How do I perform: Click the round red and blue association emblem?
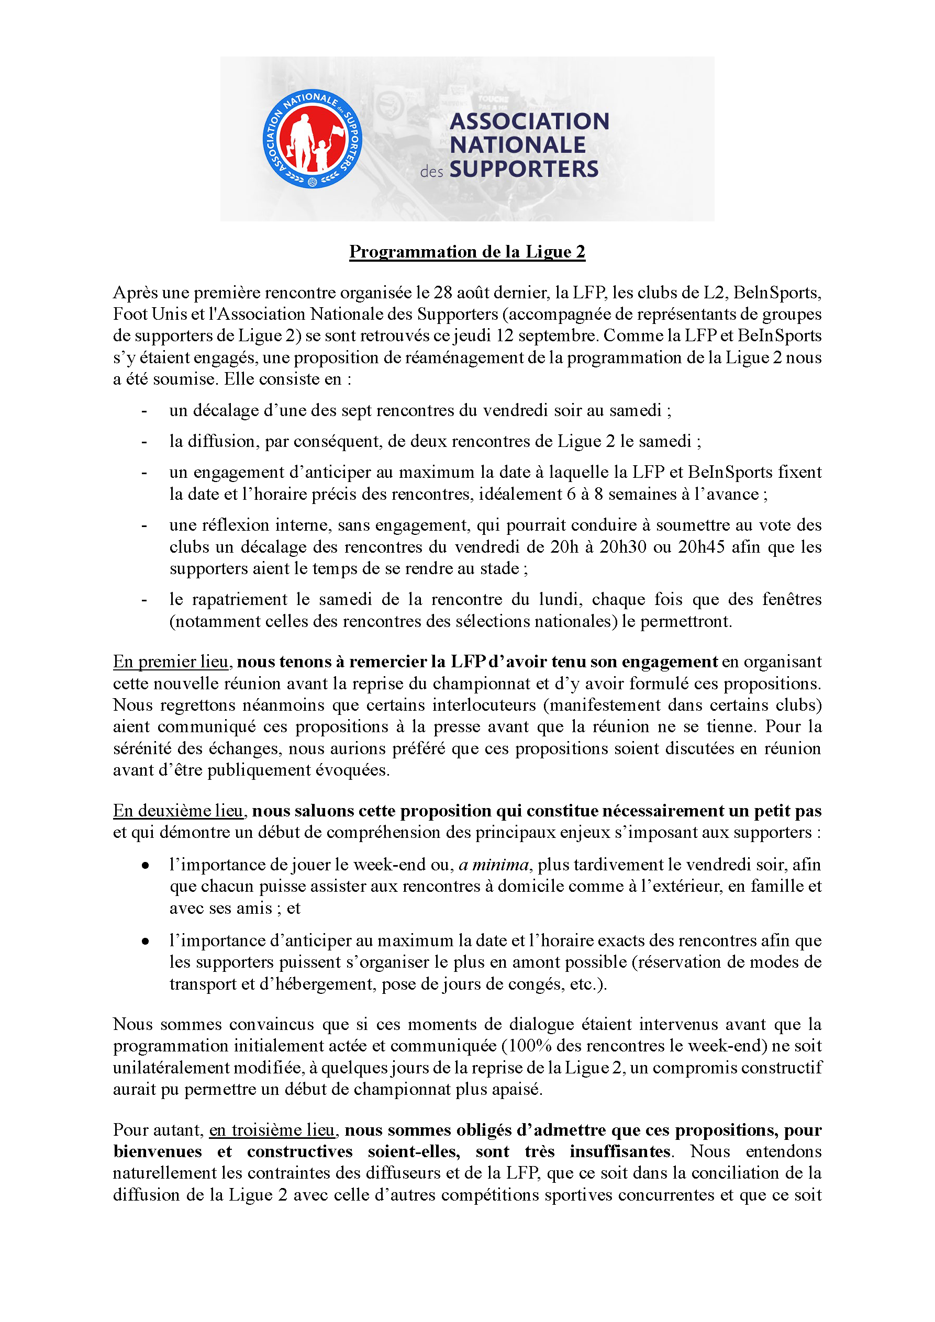(x=311, y=139)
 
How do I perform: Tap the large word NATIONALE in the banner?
(x=517, y=145)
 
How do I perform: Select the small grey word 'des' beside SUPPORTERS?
(x=431, y=172)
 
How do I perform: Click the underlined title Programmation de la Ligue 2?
(x=467, y=252)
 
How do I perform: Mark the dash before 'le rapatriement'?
(x=144, y=600)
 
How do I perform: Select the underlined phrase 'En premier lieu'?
(x=171, y=662)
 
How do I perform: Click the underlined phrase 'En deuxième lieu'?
(x=178, y=811)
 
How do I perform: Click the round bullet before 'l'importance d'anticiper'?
(x=146, y=942)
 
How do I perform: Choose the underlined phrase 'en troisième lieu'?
(x=271, y=1130)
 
